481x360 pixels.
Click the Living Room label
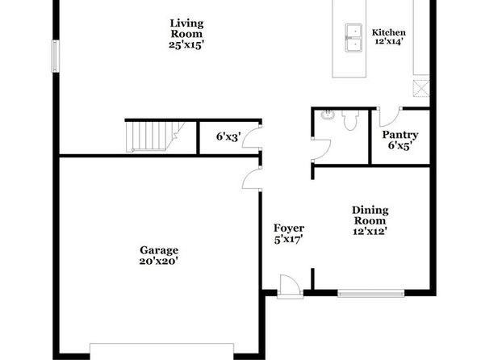(186, 28)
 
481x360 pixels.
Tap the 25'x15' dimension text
(186, 45)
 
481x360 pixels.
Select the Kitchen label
(389, 32)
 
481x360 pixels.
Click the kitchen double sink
(353, 38)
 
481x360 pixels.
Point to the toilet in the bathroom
(350, 120)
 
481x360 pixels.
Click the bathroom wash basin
(328, 115)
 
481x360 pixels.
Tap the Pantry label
(399, 135)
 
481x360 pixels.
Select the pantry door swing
(390, 117)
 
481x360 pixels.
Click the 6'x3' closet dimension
(228, 136)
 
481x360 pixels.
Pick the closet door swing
(252, 138)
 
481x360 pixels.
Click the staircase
(155, 136)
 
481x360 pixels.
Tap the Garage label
(159, 250)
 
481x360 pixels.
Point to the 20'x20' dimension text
(159, 261)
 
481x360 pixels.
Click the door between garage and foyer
(252, 178)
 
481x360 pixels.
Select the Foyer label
(289, 228)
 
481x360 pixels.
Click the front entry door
(291, 287)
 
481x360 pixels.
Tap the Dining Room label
(370, 216)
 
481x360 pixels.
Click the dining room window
(371, 293)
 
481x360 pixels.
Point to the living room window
(56, 57)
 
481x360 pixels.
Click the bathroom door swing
(321, 150)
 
